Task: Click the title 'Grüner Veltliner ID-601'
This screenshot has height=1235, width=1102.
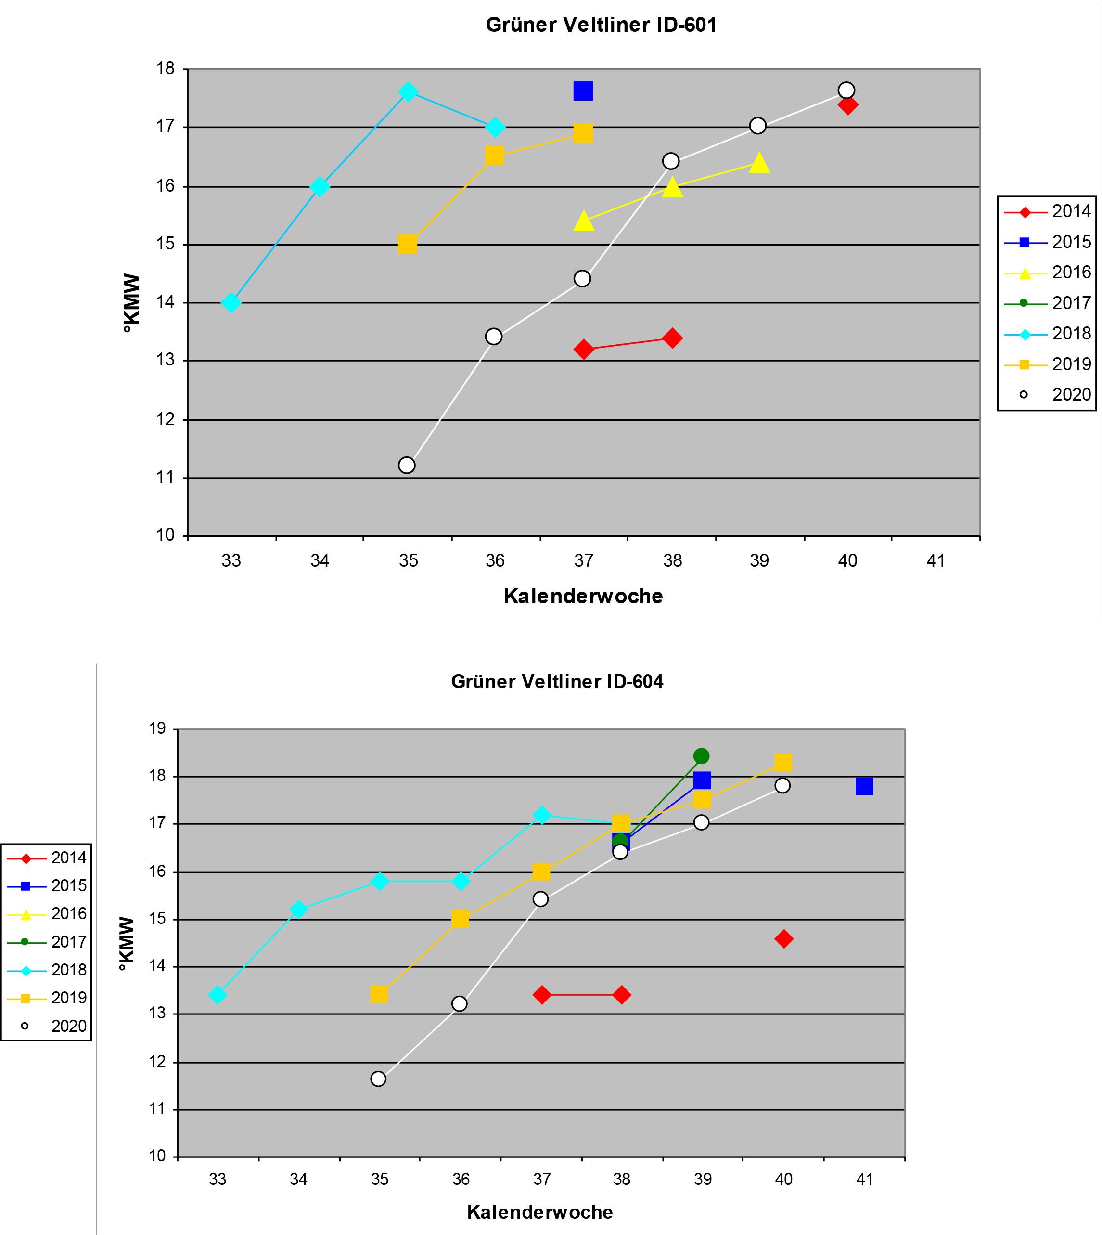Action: (601, 26)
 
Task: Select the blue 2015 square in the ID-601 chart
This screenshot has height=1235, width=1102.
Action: (582, 91)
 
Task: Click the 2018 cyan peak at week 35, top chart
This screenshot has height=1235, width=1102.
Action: (408, 92)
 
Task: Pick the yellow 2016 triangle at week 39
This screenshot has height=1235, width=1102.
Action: (759, 163)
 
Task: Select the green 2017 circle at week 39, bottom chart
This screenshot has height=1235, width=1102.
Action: (701, 756)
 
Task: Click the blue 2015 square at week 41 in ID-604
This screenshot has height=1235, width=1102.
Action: (864, 786)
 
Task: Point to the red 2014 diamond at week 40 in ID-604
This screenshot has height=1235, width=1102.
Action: (783, 939)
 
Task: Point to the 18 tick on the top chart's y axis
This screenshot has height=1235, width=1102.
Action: (166, 69)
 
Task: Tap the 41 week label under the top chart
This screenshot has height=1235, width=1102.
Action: (935, 561)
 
